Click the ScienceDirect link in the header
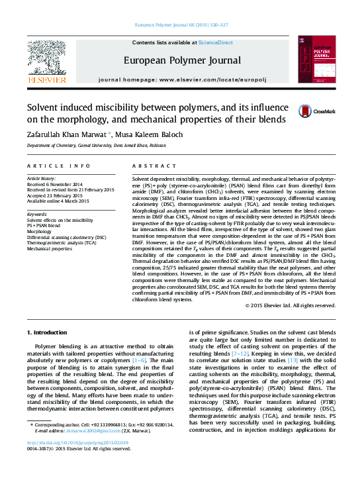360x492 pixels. pyautogui.click(x=216, y=42)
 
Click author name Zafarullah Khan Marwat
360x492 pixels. pyautogui.click(x=63, y=134)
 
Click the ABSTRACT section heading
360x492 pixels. pyautogui.click(x=150, y=166)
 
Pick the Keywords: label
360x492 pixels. pyautogui.click(x=37, y=215)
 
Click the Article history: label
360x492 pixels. pyautogui.click(x=41, y=179)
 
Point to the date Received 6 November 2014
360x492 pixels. pyautogui.click(x=55, y=184)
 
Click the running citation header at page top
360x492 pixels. pyautogui.click(x=180, y=25)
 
